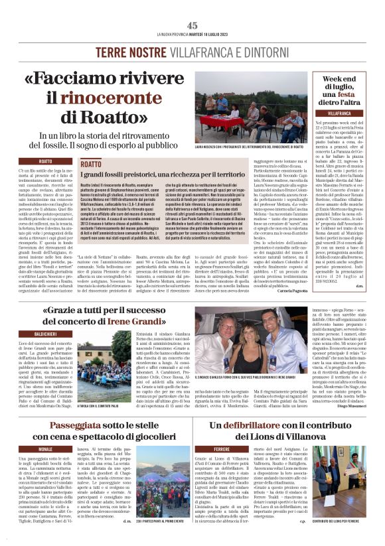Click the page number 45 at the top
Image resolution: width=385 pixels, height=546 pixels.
pos(193,25)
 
